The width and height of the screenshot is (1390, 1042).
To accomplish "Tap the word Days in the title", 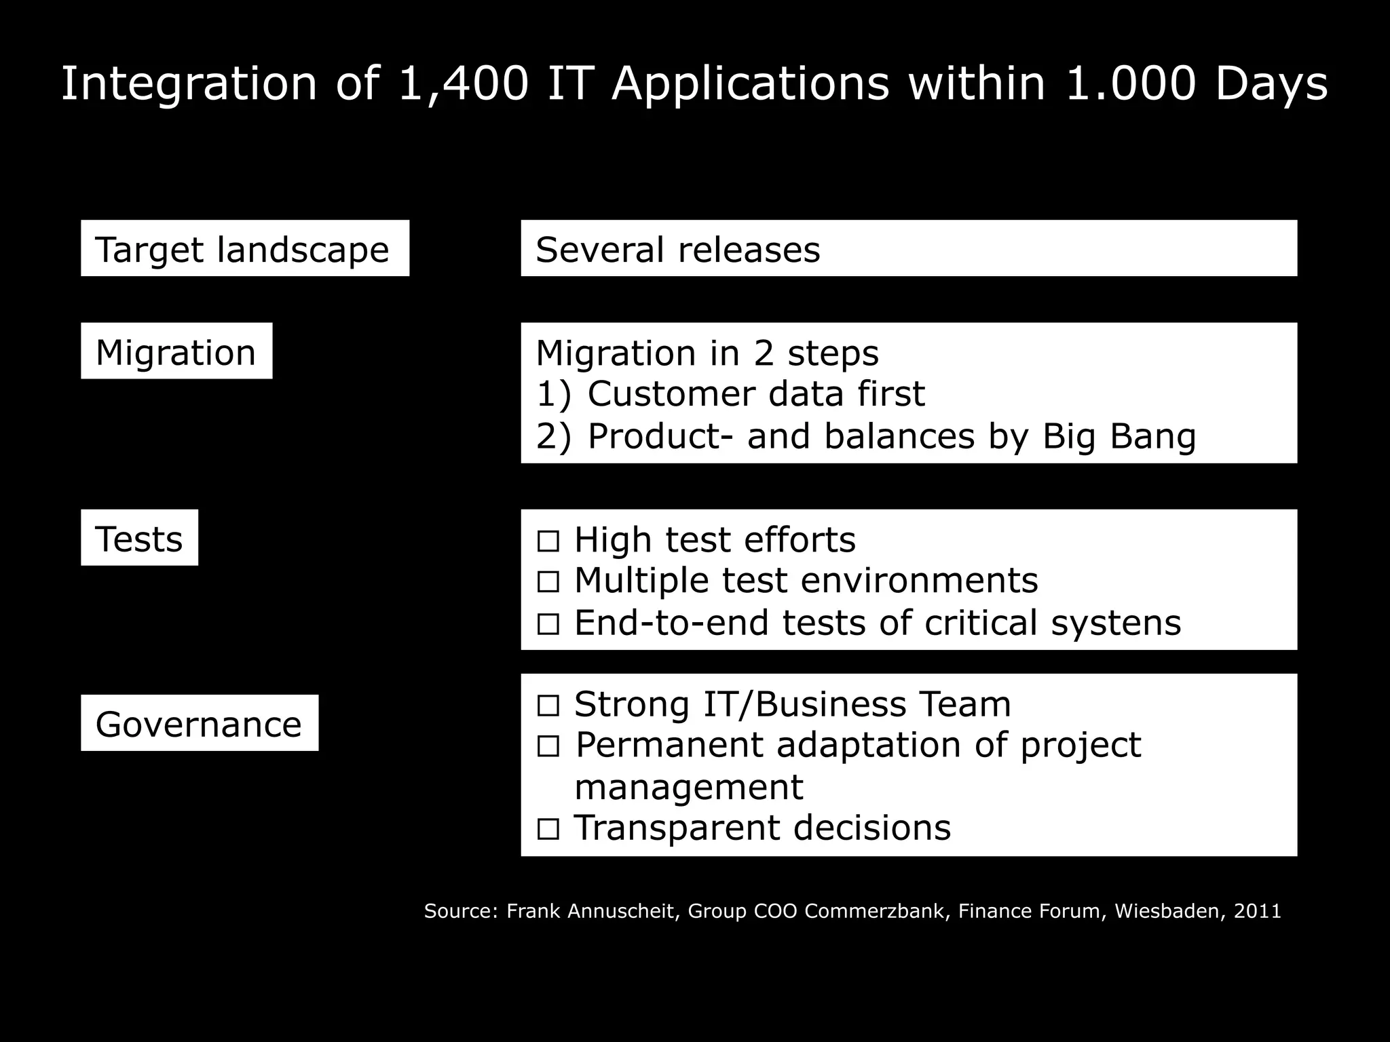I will (x=1271, y=85).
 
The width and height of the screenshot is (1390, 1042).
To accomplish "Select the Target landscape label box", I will (x=244, y=248).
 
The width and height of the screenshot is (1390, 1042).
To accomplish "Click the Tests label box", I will (x=139, y=538).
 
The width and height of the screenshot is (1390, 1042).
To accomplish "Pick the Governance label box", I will (x=199, y=723).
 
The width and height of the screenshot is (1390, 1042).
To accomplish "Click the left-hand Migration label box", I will (x=176, y=351).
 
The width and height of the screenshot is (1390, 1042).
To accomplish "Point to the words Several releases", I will (x=677, y=249).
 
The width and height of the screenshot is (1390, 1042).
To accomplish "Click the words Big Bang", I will (x=1119, y=436).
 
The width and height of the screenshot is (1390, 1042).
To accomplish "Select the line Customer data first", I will (x=755, y=394).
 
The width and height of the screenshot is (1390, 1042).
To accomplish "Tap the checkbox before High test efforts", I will (x=548, y=541).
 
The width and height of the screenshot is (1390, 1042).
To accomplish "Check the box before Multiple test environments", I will (x=548, y=582).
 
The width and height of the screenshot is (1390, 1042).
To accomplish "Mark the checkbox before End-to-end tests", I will (x=548, y=624).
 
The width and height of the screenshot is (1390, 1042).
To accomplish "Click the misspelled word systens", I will (x=1116, y=623).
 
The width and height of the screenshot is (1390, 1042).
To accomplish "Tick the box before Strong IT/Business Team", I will (x=548, y=706).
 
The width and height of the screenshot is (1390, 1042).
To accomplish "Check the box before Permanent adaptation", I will (x=548, y=747).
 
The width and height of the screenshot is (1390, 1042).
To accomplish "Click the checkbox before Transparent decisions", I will (x=548, y=829).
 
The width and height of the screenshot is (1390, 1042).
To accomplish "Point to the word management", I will (x=688, y=788).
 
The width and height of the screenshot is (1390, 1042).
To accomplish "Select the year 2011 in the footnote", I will (x=1257, y=911).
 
